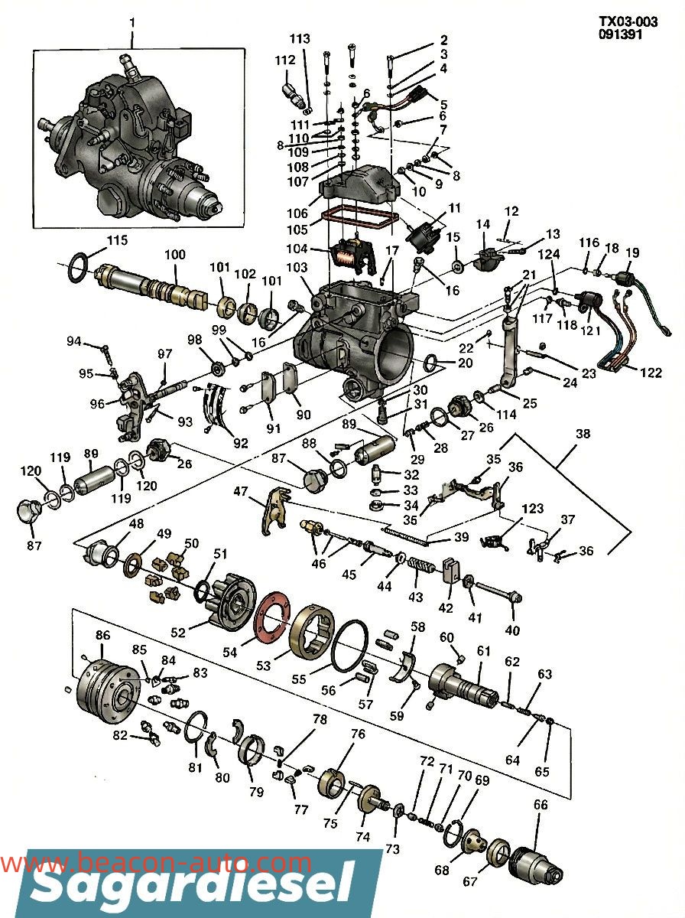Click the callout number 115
point(117,240)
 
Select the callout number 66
point(541,805)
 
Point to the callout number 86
point(102,635)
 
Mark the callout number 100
point(175,254)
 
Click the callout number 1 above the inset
point(131,23)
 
